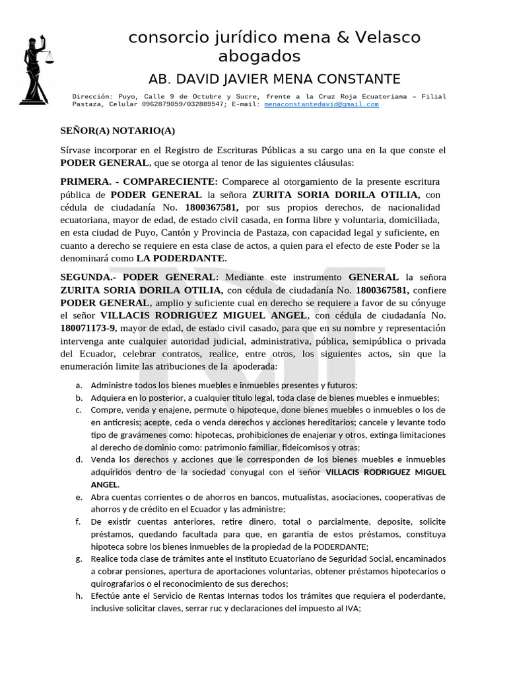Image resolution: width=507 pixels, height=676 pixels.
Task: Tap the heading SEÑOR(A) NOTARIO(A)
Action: (x=118, y=131)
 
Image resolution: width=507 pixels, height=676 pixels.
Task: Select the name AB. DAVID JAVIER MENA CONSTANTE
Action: (x=275, y=80)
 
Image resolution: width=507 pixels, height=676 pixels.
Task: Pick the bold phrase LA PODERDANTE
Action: (x=181, y=257)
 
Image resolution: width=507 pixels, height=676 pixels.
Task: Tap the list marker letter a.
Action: (x=79, y=385)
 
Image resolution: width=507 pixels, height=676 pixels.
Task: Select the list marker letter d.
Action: (x=79, y=459)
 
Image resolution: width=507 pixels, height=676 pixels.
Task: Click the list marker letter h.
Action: (x=79, y=597)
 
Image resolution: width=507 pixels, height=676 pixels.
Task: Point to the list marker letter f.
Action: (x=79, y=522)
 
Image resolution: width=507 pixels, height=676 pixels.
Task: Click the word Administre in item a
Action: (x=112, y=385)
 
